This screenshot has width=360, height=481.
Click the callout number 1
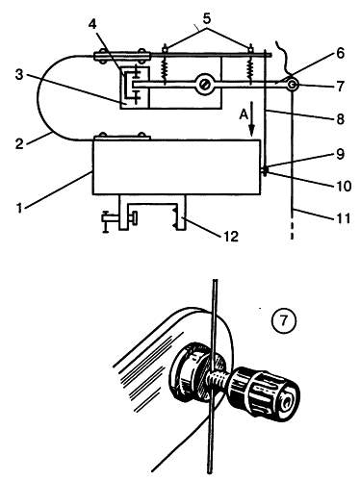pyautogui.click(x=20, y=208)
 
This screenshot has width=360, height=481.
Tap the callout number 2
pyautogui.click(x=20, y=143)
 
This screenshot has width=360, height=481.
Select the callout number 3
pyautogui.click(x=20, y=76)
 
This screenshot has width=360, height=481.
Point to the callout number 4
pyautogui.click(x=92, y=24)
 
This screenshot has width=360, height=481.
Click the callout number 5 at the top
pyautogui.click(x=207, y=18)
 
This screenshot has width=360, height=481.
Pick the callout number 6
pyautogui.click(x=340, y=53)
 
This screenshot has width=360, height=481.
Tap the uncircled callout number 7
pyautogui.click(x=340, y=86)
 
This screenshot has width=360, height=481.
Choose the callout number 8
pyautogui.click(x=340, y=119)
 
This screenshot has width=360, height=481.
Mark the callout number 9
pyautogui.click(x=340, y=154)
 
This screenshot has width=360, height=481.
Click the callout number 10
pyautogui.click(x=343, y=186)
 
